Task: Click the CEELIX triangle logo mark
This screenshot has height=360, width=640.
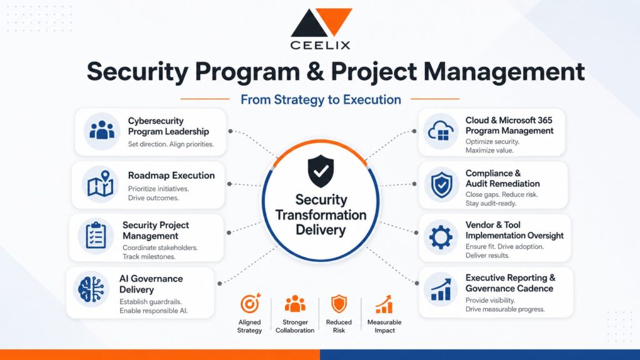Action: point(321,22)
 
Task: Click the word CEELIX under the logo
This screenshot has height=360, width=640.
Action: point(321,45)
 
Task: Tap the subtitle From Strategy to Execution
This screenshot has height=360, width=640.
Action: point(321,99)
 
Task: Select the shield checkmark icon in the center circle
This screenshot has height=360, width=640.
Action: point(321,171)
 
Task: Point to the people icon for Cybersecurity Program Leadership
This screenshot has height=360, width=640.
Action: point(102,131)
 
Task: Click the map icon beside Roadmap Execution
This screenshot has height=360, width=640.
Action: point(101,184)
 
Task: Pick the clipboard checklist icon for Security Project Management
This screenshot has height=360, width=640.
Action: point(96,235)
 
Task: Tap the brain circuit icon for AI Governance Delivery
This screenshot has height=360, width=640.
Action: point(91,289)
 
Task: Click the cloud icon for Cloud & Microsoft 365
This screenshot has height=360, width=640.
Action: point(441,131)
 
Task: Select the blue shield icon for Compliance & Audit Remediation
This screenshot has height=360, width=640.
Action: point(441,185)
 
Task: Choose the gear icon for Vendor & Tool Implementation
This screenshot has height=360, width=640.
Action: point(441,237)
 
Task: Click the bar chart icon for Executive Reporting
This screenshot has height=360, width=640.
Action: point(441,289)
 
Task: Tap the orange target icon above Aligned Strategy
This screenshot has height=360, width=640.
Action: point(250,304)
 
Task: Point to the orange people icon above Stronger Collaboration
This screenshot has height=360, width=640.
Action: point(295,304)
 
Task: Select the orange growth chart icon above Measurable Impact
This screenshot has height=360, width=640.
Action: point(384,304)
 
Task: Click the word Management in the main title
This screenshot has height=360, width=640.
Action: point(504,72)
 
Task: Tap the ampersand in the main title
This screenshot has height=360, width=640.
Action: point(315,71)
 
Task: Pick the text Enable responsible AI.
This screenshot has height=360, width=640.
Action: point(154,311)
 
